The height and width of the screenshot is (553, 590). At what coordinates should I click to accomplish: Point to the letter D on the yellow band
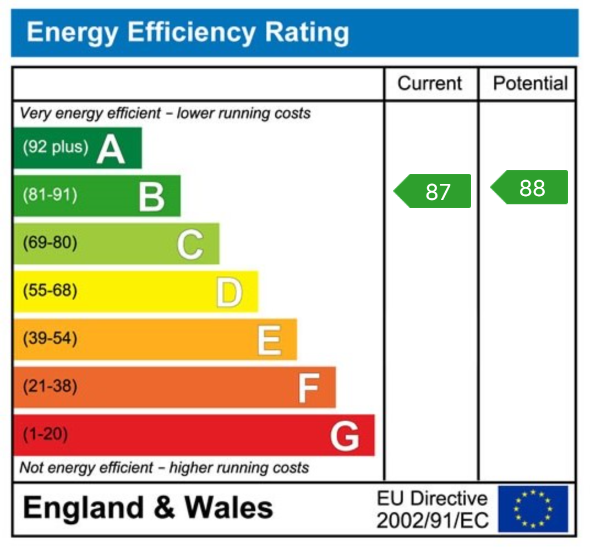pyautogui.click(x=228, y=292)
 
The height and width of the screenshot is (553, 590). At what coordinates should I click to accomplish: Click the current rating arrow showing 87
pyautogui.click(x=433, y=191)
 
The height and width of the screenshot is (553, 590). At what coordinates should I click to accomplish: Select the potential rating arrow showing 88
pyautogui.click(x=529, y=188)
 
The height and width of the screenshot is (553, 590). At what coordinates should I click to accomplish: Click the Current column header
pyautogui.click(x=430, y=84)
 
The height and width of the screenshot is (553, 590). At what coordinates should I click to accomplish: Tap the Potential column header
pyautogui.click(x=530, y=84)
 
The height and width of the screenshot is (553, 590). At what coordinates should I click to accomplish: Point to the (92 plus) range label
pyautogui.click(x=55, y=148)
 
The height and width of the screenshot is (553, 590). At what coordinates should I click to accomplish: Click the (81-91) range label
pyautogui.click(x=50, y=195)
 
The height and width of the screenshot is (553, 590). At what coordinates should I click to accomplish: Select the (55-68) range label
pyautogui.click(x=50, y=290)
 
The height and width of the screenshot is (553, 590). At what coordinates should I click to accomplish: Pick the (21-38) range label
pyautogui.click(x=50, y=386)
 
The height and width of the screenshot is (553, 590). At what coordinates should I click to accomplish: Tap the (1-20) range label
pyautogui.click(x=45, y=434)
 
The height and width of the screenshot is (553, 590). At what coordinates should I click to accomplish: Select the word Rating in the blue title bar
pyautogui.click(x=307, y=32)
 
